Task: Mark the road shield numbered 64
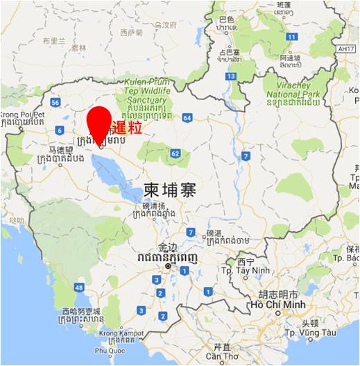click(187, 118)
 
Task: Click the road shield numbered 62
click(175, 153)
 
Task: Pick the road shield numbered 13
click(230, 76)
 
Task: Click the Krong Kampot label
click(121, 333)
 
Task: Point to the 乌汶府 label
click(165, 24)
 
